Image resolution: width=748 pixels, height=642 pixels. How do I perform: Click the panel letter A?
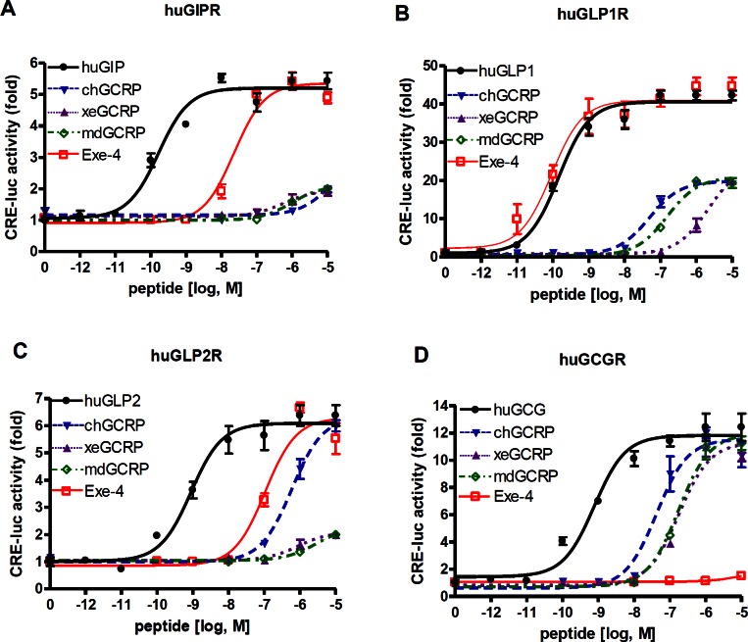pos(10,12)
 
